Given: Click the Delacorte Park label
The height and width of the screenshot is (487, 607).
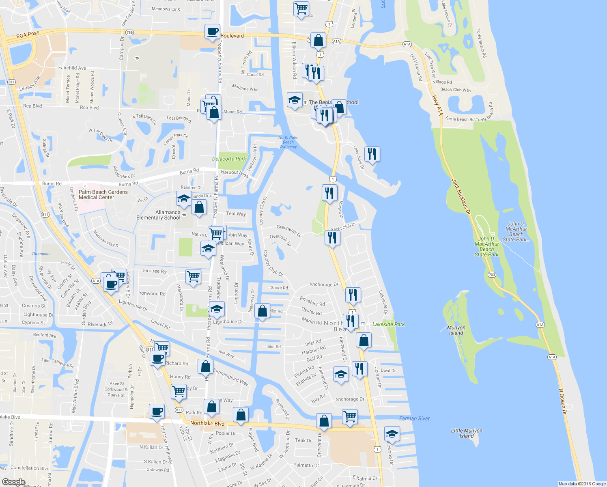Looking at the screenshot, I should click(229, 159).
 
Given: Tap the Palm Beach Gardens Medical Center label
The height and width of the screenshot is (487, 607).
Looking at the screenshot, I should click(103, 195).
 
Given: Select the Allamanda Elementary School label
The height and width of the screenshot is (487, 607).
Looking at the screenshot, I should click(158, 215).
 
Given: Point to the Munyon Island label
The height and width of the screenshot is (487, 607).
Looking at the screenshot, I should click(456, 330).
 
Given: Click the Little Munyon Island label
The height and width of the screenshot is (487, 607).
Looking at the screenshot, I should click(467, 433).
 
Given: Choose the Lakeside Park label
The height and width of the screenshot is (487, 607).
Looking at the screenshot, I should click(388, 324).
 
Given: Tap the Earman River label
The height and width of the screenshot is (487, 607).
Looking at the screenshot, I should click(414, 418).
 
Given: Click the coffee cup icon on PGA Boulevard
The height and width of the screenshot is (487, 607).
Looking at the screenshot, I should click(212, 32).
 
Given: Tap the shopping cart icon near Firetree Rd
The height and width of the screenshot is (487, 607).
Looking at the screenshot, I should click(193, 277).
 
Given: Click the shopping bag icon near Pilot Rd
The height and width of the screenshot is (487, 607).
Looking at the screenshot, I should click(262, 311).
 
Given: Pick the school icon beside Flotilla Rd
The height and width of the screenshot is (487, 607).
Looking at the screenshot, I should click(341, 374).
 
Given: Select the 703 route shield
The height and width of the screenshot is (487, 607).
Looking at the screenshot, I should click(492, 275).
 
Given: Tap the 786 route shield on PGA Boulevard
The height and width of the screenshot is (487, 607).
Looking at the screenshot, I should click(129, 32).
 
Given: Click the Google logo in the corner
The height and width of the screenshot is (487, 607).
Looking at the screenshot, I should click(14, 482).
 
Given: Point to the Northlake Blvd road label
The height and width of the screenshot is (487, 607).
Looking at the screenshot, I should click(207, 423).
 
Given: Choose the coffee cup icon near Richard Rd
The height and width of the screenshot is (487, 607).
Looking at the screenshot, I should click(157, 358).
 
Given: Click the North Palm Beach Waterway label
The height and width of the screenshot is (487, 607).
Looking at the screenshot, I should click(288, 142).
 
